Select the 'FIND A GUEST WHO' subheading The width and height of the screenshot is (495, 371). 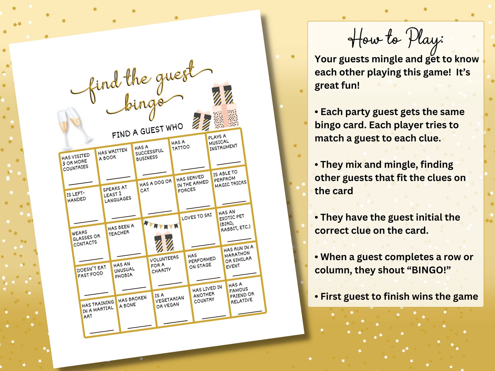[147, 131]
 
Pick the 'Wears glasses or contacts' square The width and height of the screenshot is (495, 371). [89, 243]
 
